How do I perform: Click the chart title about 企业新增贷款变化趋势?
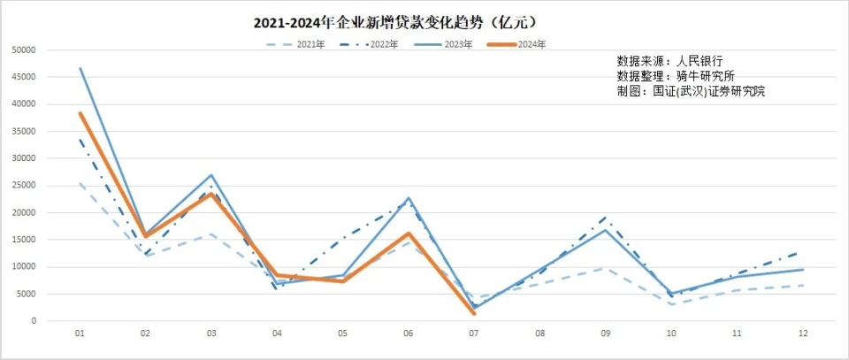coord(394,20)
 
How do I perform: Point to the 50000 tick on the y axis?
coord(23,50)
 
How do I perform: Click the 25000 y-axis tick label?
coord(23,186)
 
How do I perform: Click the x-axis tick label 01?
coord(80,334)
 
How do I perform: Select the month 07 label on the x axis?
coord(474,334)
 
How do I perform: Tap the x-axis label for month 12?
coord(802,334)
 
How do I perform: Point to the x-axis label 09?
coord(606,334)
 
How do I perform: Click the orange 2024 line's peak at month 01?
coord(80,113)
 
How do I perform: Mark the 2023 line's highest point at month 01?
coord(80,68)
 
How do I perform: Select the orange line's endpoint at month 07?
coord(474,313)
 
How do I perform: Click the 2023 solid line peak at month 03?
coord(211,175)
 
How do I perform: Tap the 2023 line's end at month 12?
coord(802,270)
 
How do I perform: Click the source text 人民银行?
coord(700,61)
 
